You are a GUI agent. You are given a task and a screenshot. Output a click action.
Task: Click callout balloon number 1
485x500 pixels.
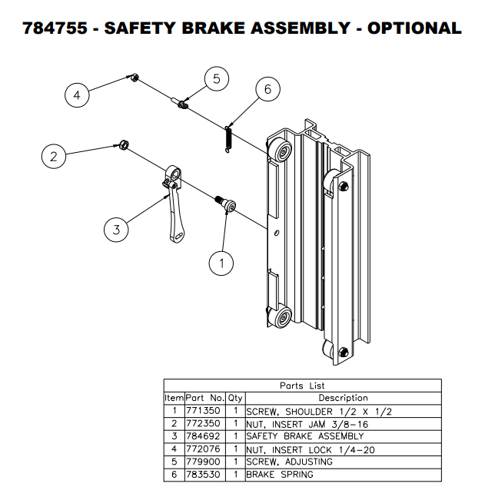(x=221, y=263)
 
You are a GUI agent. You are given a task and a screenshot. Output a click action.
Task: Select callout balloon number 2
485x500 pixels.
(x=53, y=157)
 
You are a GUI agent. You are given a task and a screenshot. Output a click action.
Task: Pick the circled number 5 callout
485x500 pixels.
(x=217, y=79)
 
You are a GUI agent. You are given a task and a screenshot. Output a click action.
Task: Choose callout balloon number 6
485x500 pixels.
(x=267, y=90)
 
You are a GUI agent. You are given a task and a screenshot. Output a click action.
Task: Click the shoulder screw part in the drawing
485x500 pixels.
(x=226, y=204)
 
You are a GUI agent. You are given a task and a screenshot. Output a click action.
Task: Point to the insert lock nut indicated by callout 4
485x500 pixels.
(x=132, y=77)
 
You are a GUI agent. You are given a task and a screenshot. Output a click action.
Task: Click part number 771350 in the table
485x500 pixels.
(x=204, y=411)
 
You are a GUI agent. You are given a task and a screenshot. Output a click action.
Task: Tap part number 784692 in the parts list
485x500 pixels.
(x=204, y=436)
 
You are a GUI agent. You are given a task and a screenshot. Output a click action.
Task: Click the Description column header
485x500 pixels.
(x=343, y=398)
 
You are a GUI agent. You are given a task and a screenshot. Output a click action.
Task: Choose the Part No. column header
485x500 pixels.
(x=204, y=398)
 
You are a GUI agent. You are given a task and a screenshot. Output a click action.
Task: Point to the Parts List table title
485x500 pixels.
(x=302, y=386)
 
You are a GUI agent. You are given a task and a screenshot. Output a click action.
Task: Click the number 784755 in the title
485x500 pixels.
(x=55, y=28)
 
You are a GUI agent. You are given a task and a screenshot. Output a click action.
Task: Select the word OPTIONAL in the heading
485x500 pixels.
(x=414, y=28)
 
